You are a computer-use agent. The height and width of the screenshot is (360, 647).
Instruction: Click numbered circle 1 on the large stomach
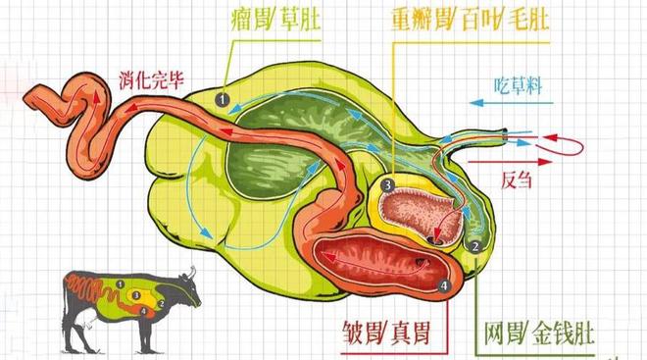(223, 98)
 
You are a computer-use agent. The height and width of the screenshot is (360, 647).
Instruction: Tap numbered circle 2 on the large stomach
(474, 244)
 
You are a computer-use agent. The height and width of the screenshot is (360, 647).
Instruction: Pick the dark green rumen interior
(284, 137)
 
